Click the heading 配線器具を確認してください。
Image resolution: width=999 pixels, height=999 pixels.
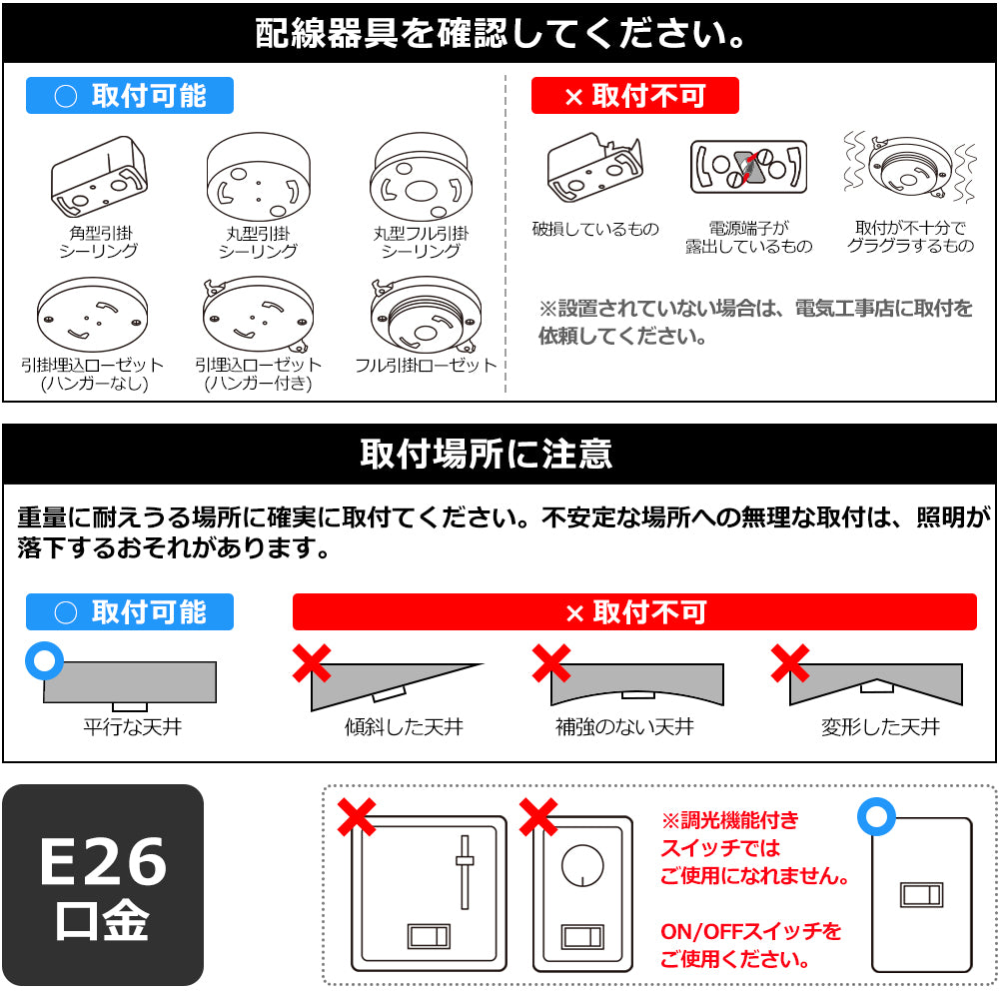[499, 33]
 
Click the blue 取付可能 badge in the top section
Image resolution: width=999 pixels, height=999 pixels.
[130, 96]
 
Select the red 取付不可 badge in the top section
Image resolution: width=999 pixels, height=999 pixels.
[634, 96]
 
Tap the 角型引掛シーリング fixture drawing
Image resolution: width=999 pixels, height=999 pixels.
[99, 178]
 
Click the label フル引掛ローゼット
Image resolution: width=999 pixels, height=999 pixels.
[426, 366]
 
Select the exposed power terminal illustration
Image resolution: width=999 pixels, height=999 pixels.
[749, 166]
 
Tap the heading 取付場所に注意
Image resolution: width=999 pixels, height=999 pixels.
[487, 455]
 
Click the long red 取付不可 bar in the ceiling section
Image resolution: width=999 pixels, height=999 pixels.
[634, 612]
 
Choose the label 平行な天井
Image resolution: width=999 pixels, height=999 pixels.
[132, 726]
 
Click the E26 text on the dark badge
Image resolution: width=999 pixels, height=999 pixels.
[103, 861]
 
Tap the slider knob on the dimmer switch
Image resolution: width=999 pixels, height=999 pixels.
[464, 859]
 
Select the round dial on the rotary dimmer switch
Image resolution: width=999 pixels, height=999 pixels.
[582, 864]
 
